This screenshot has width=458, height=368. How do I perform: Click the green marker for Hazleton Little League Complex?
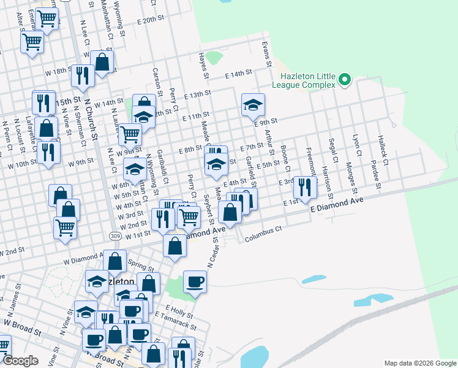point(345,80)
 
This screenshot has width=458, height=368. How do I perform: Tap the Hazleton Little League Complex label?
point(307,80)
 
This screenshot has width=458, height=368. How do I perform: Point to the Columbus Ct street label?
point(263,234)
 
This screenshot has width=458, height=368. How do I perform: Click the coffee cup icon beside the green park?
point(195,282)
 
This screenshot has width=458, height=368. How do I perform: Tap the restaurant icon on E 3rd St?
point(304,187)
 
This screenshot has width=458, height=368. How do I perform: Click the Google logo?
point(21,361)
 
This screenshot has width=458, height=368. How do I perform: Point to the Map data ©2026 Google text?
point(419,362)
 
